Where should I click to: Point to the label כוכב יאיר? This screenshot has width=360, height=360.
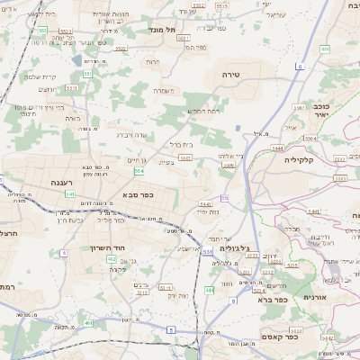click(x=320, y=111)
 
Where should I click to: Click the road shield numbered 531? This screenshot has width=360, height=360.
click(x=208, y=252)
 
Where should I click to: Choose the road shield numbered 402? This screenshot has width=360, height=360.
click(x=112, y=258)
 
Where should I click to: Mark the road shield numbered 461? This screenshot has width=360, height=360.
click(x=88, y=322)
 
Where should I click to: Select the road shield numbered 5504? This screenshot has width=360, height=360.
click(x=310, y=139)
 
